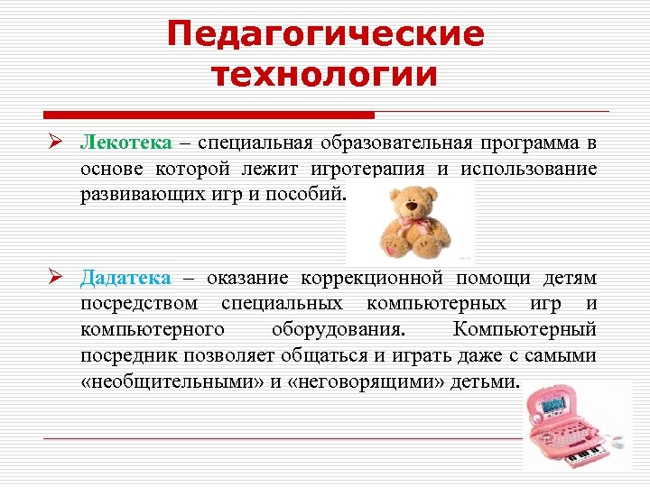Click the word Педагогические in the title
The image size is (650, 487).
coord(325,35)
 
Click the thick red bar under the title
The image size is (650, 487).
coord(209,115)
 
